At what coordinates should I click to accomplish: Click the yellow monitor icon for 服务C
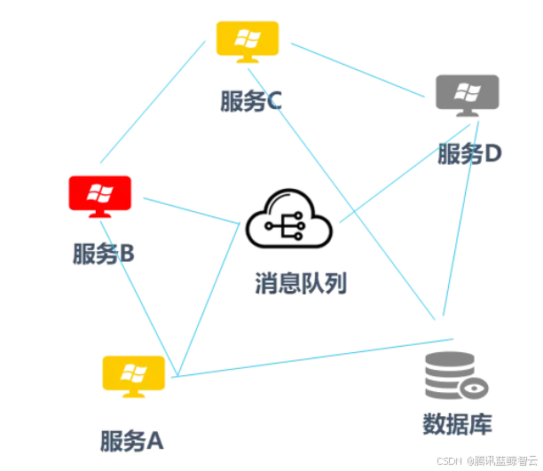248,40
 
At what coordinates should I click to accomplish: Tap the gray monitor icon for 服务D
467,92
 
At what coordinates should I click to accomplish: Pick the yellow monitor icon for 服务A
134,374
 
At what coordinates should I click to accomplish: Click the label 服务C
251,100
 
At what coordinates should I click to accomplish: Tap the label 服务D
469,153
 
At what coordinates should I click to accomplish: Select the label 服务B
103,254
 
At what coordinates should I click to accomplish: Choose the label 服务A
132,439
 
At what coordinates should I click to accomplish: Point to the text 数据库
457,423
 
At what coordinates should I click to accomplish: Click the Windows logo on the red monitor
100,192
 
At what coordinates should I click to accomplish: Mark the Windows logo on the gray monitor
467,90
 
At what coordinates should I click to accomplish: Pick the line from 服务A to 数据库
311,357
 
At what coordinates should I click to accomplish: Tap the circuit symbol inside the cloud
288,229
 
